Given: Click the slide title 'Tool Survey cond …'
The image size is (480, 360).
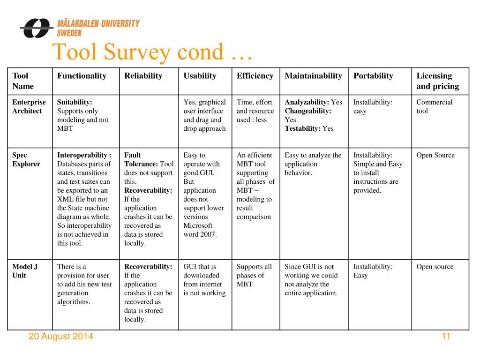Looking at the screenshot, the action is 152,52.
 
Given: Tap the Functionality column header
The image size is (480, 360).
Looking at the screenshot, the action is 82,76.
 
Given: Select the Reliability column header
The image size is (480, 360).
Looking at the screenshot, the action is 143,76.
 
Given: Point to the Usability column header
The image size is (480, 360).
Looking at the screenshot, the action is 200,76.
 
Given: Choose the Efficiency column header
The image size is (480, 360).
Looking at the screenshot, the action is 255,76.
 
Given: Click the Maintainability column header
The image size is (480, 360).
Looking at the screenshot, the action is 314,76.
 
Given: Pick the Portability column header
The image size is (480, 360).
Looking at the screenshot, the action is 373,76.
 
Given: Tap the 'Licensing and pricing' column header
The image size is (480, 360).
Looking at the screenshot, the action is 438,81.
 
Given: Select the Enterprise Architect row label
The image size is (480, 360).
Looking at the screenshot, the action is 29,106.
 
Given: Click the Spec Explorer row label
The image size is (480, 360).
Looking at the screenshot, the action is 26,159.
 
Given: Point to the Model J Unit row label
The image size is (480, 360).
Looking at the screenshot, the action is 25,271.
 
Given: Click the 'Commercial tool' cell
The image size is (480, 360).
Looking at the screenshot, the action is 435,106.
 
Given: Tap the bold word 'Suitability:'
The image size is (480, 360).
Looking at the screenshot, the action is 75,102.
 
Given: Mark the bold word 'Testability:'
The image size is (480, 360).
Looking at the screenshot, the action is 302,128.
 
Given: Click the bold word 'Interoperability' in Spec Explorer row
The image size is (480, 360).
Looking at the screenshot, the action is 82,155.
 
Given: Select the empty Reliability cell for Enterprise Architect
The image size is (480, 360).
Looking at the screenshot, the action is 149,121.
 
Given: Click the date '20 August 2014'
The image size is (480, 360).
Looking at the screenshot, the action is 61,336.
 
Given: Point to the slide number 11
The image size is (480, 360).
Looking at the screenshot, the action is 446,336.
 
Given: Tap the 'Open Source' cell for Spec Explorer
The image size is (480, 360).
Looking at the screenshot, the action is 435,155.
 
